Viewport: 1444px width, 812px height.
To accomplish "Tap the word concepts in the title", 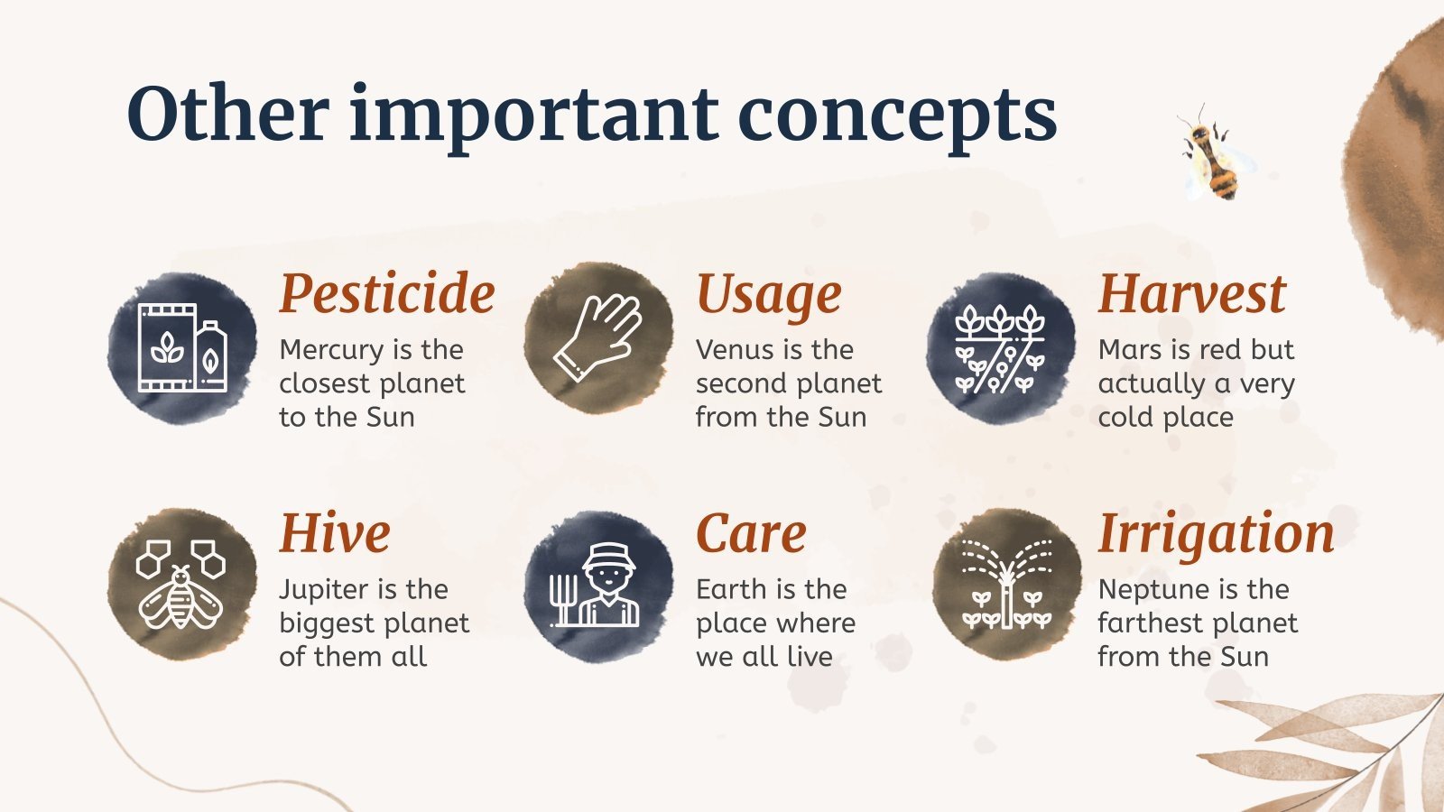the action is click(x=897, y=119).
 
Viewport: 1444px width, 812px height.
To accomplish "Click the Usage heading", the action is click(x=768, y=297).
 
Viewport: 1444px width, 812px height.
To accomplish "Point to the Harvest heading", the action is click(x=1192, y=293).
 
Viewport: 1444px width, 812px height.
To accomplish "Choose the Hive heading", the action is click(x=335, y=533).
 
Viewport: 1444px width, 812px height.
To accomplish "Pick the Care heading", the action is click(x=751, y=533).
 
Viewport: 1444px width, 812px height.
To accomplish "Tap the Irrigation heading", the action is click(x=1216, y=534).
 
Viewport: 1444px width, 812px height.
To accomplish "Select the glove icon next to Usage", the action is click(x=598, y=337).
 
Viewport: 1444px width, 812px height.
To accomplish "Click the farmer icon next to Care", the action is click(x=595, y=586).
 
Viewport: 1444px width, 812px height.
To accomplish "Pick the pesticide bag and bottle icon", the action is click(x=182, y=348).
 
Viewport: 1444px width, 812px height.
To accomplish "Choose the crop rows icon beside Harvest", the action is click(x=1000, y=348).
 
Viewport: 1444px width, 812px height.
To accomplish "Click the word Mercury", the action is click(x=331, y=351).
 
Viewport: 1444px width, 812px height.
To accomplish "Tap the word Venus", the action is click(x=735, y=350).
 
